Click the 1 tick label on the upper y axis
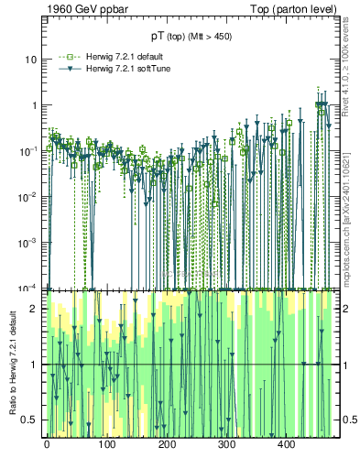pos(35,105)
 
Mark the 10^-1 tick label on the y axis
pos(30,150)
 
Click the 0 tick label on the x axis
pos(47,444)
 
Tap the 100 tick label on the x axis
pos(106,444)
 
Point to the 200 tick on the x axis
pos(167,444)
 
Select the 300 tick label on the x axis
pos(226,444)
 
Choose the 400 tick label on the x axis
pos(286,444)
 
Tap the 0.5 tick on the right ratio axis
pos(344,420)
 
